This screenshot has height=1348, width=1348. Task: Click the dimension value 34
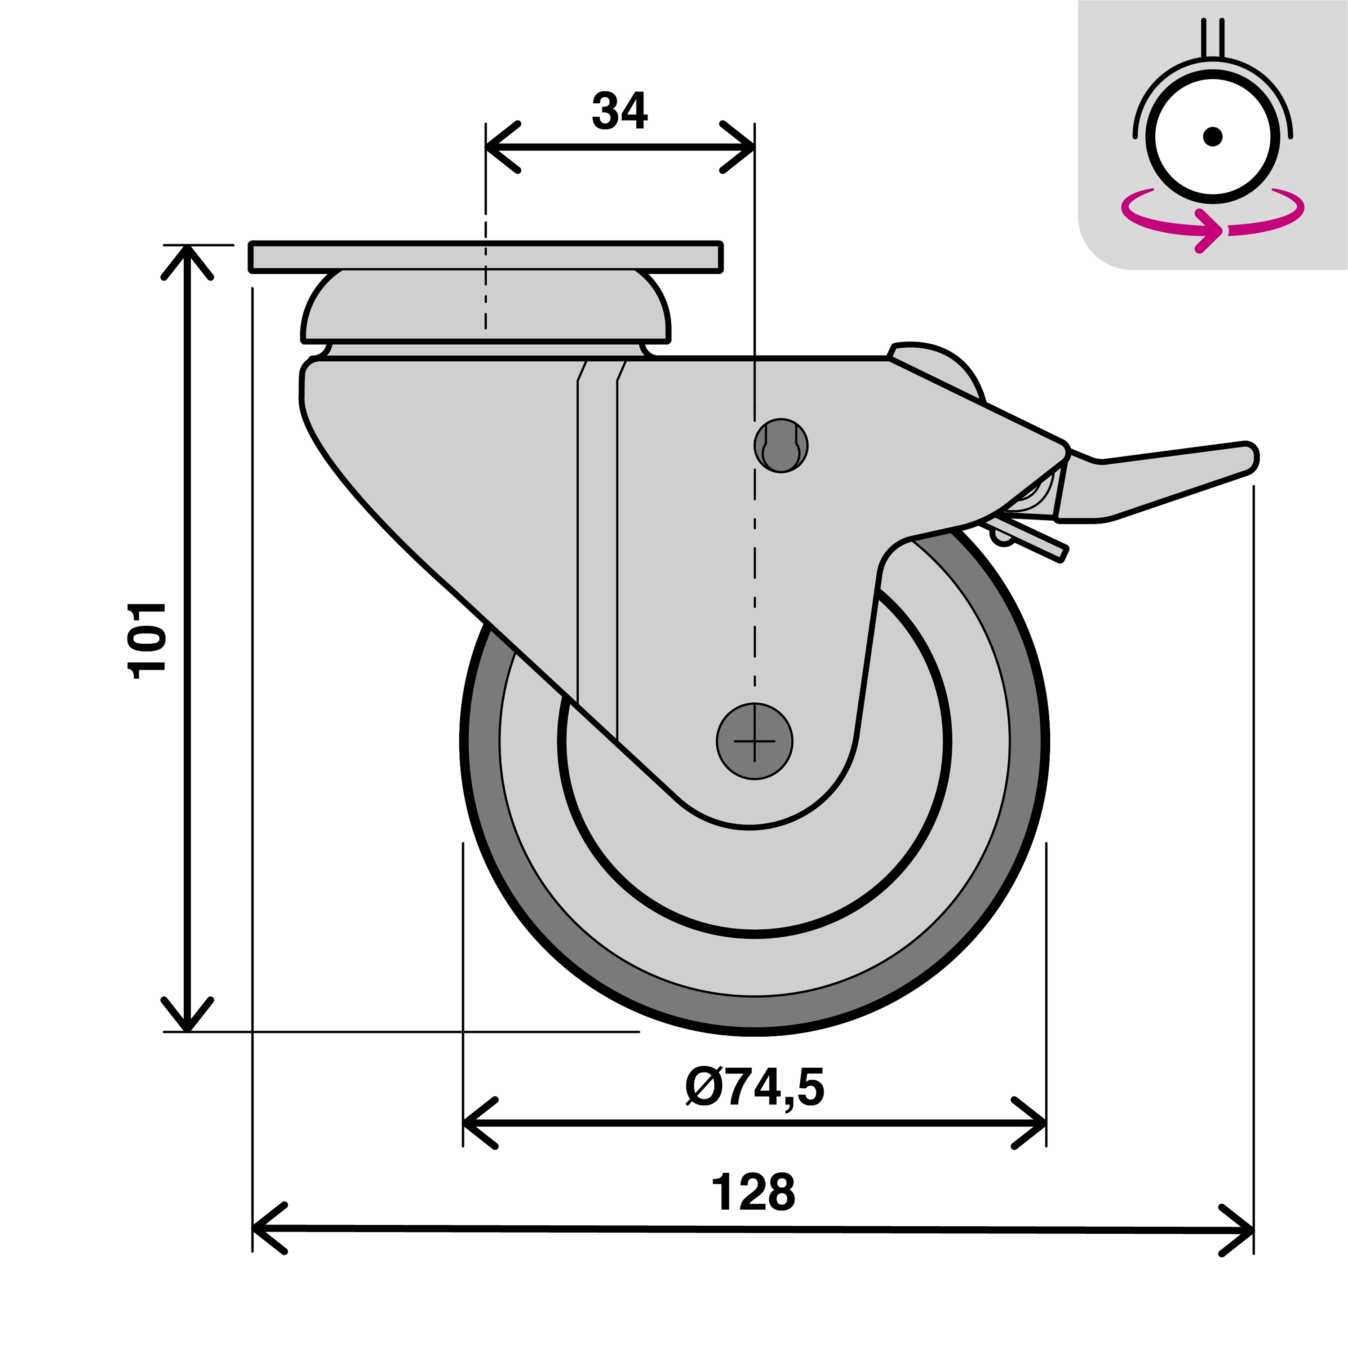[620, 111]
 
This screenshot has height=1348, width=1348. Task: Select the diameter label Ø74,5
[754, 1087]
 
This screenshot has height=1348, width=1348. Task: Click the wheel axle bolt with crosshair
[754, 741]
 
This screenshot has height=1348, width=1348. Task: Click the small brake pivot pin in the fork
[781, 446]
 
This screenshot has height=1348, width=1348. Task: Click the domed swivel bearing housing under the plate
[486, 307]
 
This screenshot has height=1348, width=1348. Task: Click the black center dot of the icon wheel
[1213, 136]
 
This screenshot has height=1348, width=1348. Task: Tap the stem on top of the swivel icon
[1213, 38]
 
